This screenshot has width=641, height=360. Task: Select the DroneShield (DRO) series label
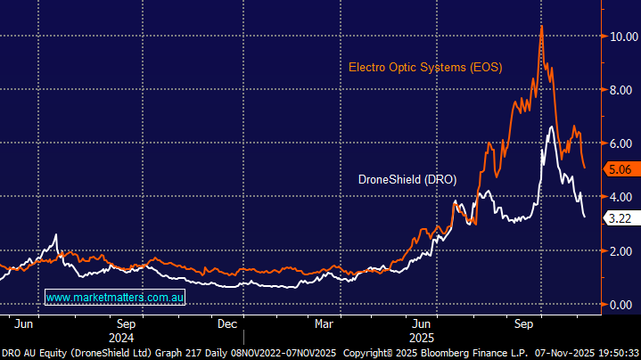407,179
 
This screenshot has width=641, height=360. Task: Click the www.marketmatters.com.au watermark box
114,297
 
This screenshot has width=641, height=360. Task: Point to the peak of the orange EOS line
541,26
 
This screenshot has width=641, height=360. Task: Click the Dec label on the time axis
227,323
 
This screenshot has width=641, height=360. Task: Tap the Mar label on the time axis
325,323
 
